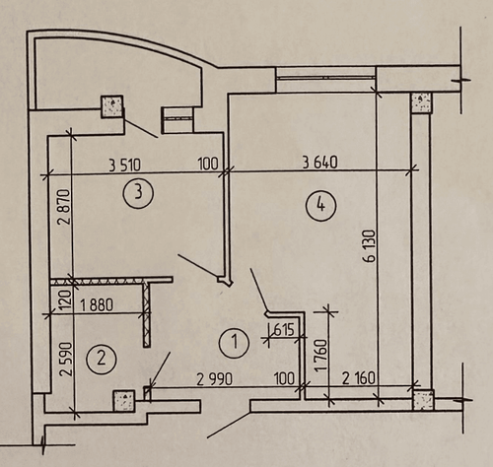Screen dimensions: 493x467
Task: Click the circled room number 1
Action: point(234,342)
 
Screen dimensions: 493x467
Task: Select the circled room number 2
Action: point(102,359)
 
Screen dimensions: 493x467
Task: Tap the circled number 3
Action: point(138,192)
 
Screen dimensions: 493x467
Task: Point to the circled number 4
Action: point(320,206)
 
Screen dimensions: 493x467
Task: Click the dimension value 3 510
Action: point(124,165)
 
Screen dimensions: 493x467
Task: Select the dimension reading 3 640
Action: point(319,163)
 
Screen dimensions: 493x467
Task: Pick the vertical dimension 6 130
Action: point(370,246)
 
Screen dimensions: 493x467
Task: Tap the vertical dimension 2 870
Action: point(64,206)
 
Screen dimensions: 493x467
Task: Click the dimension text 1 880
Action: point(97,304)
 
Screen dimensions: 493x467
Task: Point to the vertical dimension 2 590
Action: point(65,359)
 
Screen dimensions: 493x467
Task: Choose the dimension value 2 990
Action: point(214,379)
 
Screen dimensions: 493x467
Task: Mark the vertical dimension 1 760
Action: point(321,355)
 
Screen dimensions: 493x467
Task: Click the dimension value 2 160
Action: point(358,378)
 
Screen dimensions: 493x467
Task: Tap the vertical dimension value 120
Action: point(65,299)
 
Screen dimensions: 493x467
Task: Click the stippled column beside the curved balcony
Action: point(112,106)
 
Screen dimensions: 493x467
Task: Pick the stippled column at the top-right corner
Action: point(421,102)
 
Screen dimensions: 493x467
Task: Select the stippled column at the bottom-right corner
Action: point(423,400)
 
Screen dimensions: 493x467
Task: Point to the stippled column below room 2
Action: point(123,400)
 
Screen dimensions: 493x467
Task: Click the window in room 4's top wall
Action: point(325,78)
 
